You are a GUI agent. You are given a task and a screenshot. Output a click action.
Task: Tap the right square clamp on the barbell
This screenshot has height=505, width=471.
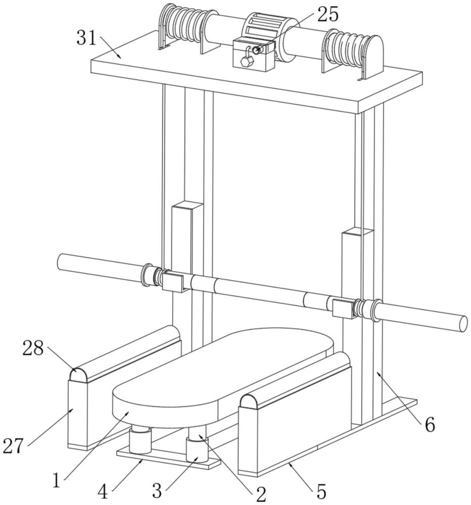(343, 307)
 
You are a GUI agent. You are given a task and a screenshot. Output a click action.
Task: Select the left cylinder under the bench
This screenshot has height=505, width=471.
(139, 441)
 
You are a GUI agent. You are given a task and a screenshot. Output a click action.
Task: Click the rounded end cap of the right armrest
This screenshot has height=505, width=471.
(251, 402)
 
